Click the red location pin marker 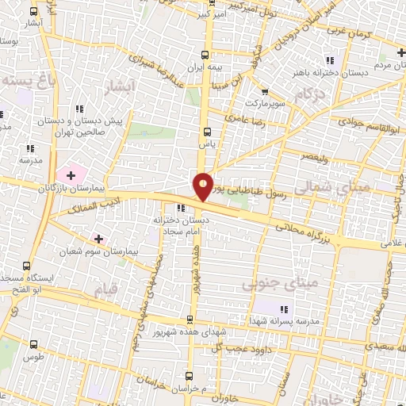pyautogui.click(x=204, y=186)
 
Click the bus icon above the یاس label pyautogui.click(x=208, y=132)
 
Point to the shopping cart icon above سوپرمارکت pyautogui.click(x=264, y=91)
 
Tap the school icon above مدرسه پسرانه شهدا pyautogui.click(x=284, y=308)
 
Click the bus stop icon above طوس pyautogui.click(x=33, y=345)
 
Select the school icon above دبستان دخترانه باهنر pyautogui.click(x=331, y=61)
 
